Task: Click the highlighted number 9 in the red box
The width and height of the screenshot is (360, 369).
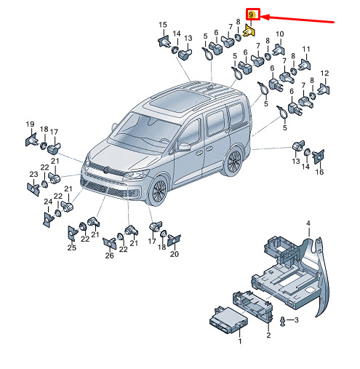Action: (251, 15)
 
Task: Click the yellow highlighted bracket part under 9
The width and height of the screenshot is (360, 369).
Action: (249, 32)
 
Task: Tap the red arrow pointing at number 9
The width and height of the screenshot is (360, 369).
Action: (297, 19)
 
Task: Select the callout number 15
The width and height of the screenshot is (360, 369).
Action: (163, 25)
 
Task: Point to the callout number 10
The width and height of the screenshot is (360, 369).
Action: (279, 34)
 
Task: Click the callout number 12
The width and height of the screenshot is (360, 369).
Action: (324, 74)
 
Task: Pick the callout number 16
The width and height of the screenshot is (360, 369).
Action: (319, 172)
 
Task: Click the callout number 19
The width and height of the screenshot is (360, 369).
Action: (30, 124)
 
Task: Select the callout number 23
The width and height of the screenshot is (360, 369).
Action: (33, 174)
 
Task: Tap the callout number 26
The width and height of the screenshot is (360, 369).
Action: (109, 255)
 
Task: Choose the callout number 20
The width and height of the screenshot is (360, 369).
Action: (175, 254)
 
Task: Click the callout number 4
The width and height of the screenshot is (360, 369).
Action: (308, 223)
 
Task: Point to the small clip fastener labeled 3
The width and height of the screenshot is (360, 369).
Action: (282, 322)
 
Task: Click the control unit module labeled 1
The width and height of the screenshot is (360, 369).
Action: (228, 320)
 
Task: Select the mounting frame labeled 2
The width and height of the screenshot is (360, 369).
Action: (252, 306)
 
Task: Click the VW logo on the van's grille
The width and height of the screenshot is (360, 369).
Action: (105, 170)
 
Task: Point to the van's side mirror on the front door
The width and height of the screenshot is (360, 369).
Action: (184, 147)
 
